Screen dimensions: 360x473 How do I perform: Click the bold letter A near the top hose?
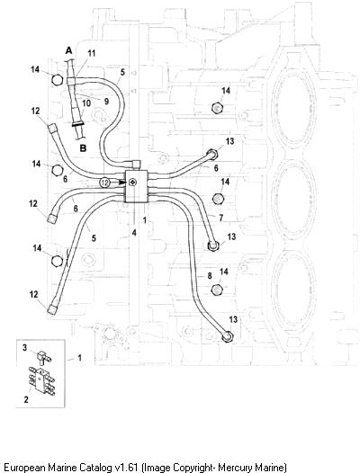(69, 50)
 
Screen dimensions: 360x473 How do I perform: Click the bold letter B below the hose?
(83, 148)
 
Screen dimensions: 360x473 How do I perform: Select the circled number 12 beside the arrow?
(104, 183)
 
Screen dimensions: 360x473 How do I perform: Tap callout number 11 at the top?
(92, 53)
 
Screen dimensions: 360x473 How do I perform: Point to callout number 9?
(106, 102)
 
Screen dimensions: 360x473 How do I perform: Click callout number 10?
(86, 103)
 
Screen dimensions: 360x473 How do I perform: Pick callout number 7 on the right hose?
(221, 218)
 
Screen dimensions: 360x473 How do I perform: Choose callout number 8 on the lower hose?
(210, 276)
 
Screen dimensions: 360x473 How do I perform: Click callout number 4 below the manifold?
(134, 233)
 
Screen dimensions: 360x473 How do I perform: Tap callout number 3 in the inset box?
(25, 347)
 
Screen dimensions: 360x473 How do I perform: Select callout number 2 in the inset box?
(26, 399)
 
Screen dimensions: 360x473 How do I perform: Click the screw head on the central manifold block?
(132, 182)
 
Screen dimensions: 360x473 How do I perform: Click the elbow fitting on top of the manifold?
(136, 164)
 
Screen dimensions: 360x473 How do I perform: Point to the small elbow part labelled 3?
(43, 357)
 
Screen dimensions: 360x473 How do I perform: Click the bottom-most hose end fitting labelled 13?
(228, 336)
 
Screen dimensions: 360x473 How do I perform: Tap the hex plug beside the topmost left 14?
(57, 80)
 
